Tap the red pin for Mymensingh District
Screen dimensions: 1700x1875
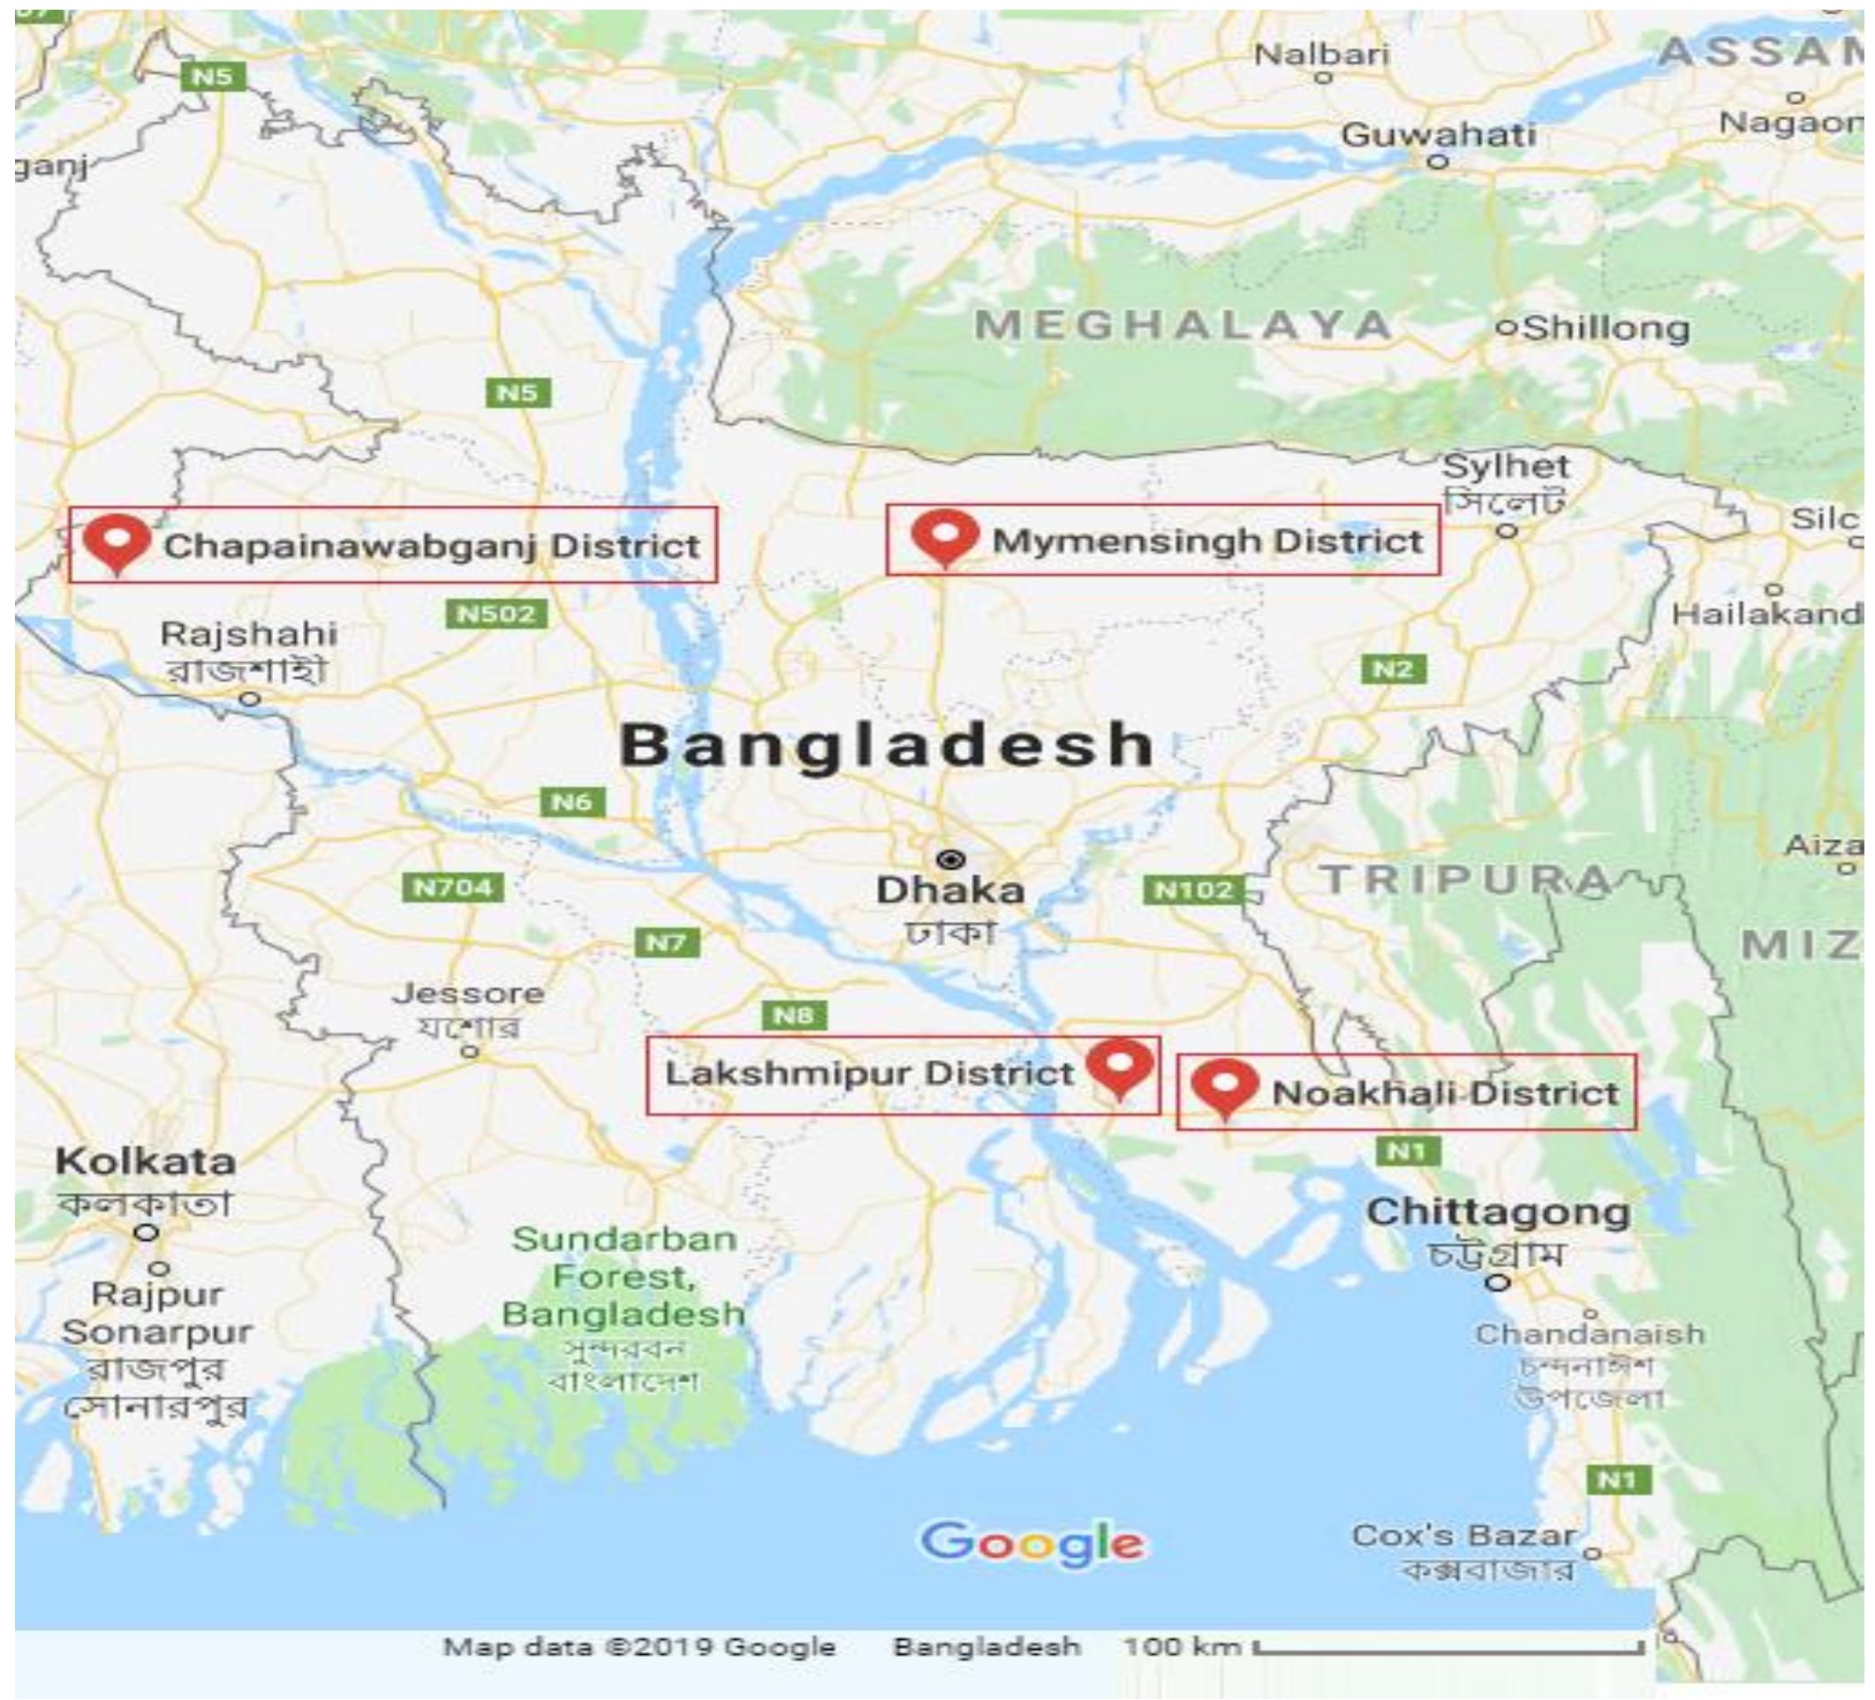(x=945, y=537)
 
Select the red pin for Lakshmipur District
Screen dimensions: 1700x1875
(x=1121, y=1066)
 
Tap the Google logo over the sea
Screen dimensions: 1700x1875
(x=1032, y=1543)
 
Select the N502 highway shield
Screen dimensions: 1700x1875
(x=495, y=614)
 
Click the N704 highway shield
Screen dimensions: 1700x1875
(x=453, y=888)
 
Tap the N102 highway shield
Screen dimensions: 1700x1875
(x=1193, y=890)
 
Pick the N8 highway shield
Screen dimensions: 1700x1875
(x=793, y=1015)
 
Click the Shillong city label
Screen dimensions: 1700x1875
(x=1607, y=329)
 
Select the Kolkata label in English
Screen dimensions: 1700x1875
(x=145, y=1161)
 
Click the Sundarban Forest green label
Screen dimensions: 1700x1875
(x=624, y=1277)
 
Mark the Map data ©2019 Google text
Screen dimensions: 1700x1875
(x=639, y=1647)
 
